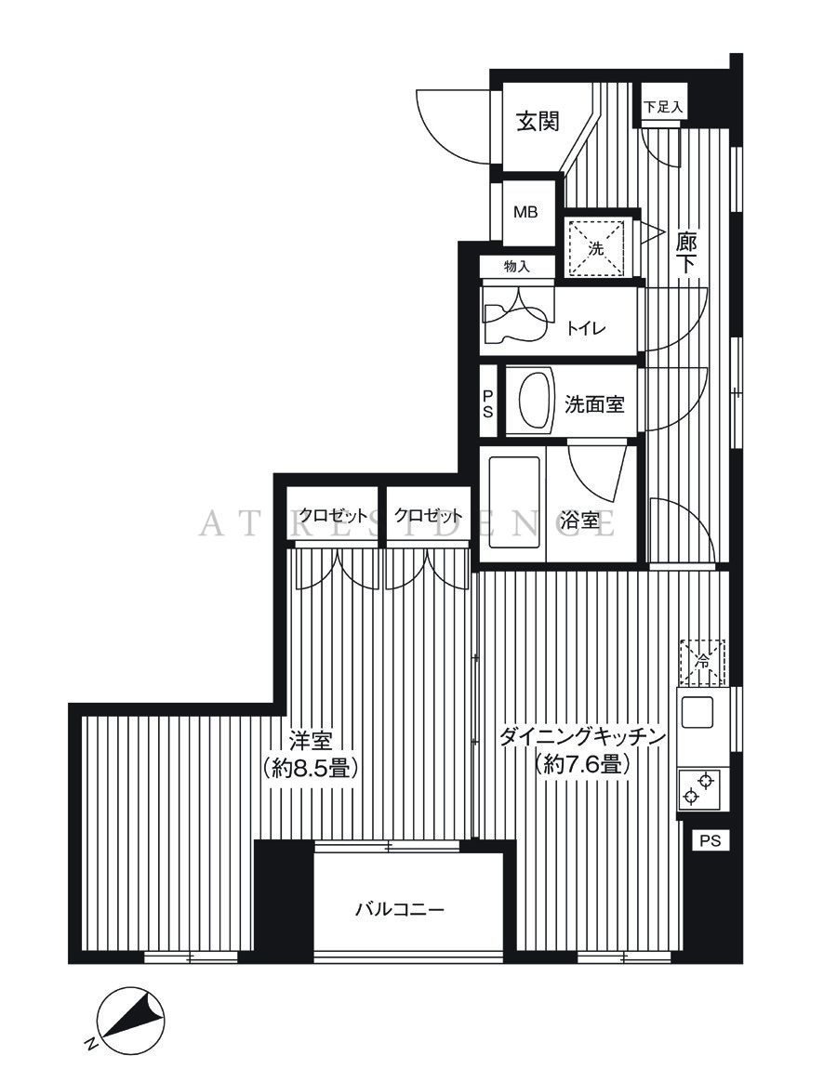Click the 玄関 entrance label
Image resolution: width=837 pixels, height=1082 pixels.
[538, 122]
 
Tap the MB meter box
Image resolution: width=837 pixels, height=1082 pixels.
[525, 212]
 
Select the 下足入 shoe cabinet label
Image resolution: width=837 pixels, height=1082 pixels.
[663, 107]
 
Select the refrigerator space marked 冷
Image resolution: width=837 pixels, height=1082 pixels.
[702, 661]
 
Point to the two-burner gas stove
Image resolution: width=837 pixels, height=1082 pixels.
[699, 790]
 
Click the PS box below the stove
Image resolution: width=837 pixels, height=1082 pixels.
[710, 841]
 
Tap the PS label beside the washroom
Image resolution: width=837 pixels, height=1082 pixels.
[488, 403]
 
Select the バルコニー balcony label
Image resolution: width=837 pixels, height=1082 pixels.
[400, 909]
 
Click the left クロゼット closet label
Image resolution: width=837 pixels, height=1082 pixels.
[333, 515]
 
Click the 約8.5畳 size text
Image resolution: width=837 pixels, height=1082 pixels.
[310, 767]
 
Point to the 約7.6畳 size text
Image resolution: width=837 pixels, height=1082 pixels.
[582, 764]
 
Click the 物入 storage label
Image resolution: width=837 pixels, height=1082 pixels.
[516, 267]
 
